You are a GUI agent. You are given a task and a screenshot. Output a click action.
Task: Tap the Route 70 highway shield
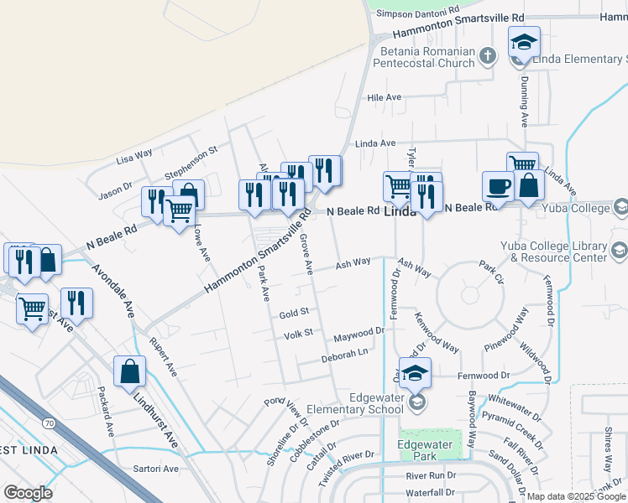50,423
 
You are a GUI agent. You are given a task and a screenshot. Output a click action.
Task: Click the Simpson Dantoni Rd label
417,13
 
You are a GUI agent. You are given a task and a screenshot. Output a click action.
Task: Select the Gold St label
295,312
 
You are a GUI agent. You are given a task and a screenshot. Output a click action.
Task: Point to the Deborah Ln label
345,356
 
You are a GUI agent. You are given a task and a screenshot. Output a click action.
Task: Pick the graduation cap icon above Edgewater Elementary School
415,371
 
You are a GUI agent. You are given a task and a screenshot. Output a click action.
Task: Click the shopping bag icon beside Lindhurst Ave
129,371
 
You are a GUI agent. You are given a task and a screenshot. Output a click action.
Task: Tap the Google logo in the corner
28,493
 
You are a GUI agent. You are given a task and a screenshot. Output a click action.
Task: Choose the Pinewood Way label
506,329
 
